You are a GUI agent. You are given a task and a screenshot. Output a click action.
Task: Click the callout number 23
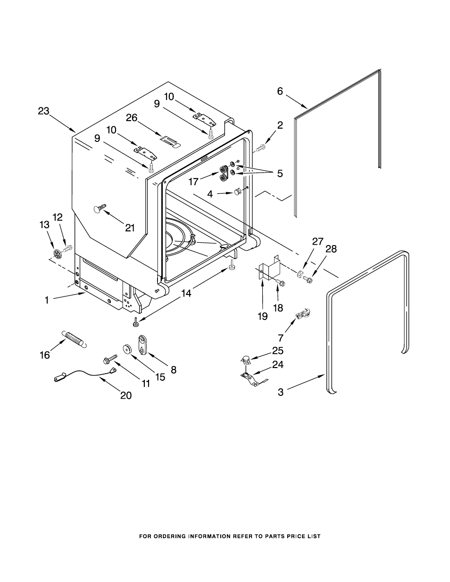pyautogui.click(x=44, y=111)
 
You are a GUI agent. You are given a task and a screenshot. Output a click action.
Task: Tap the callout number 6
pyautogui.click(x=280, y=91)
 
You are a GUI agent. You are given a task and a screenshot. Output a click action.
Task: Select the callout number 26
pyautogui.click(x=132, y=118)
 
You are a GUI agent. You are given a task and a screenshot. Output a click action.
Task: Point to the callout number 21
pyautogui.click(x=130, y=228)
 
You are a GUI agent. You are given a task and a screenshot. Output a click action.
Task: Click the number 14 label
pyautogui.click(x=186, y=293)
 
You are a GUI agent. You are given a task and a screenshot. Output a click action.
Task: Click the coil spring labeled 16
pyautogui.click(x=74, y=339)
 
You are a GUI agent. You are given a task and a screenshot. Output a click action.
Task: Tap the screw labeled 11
pyautogui.click(x=110, y=359)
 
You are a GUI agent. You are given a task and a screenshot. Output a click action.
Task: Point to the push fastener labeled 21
pyautogui.click(x=100, y=208)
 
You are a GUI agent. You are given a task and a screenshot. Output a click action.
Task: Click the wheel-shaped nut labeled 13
pyautogui.click(x=58, y=253)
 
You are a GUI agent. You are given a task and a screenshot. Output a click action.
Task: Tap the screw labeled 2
pyautogui.click(x=260, y=148)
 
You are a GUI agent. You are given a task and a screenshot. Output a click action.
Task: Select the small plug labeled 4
pyautogui.click(x=237, y=191)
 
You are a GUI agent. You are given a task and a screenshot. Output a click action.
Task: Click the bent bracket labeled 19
pyautogui.click(x=269, y=267)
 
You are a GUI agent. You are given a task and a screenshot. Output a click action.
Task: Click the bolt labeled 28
pyautogui.click(x=307, y=279)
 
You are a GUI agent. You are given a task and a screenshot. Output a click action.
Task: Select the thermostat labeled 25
pyautogui.click(x=246, y=360)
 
